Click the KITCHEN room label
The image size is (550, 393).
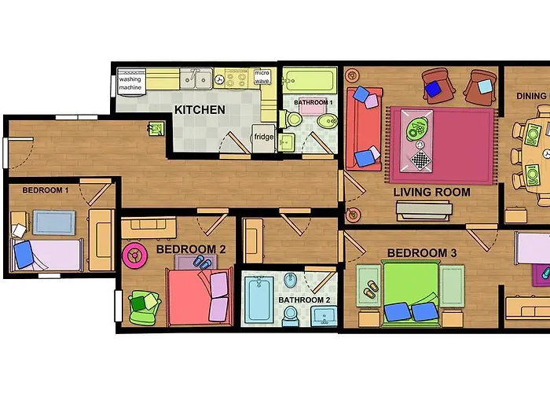coord(200,110)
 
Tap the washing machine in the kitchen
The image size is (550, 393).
coord(131,83)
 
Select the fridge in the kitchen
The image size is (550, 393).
coord(263,138)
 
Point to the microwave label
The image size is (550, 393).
coord(262,77)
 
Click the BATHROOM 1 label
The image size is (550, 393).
coord(313,102)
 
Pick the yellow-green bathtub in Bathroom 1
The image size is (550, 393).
coord(310,81)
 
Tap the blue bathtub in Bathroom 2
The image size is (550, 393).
coord(258,299)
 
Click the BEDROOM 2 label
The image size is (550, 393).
coord(191,249)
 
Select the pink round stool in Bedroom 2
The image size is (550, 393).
coord(134,255)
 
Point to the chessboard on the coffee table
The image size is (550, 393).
coord(420,160)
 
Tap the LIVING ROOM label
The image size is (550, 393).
coord(431,193)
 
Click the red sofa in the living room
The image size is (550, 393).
coord(364,129)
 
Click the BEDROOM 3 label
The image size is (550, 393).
coord(422,253)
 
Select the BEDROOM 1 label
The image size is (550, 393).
coord(46,190)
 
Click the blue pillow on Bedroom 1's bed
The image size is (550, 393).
coord(24,255)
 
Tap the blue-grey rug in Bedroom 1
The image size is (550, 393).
coord(54,222)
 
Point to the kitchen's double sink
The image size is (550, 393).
coord(196,79)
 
